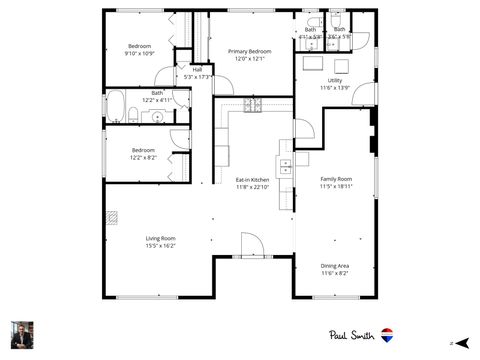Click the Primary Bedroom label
pos(249,51)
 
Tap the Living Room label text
pos(160,238)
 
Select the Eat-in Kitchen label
pos(253,179)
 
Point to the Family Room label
pos(335,178)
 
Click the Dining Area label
pos(335,265)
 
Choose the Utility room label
pos(334,80)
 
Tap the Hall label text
pos(197,69)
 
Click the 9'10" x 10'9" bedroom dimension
pos(139,53)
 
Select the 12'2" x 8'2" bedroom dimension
pos(143,157)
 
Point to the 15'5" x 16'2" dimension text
pos(160,245)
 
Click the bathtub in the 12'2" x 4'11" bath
pos(116,105)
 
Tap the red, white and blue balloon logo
pos(387,336)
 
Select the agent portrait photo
pos(22,334)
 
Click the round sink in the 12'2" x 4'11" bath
pos(158,117)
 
